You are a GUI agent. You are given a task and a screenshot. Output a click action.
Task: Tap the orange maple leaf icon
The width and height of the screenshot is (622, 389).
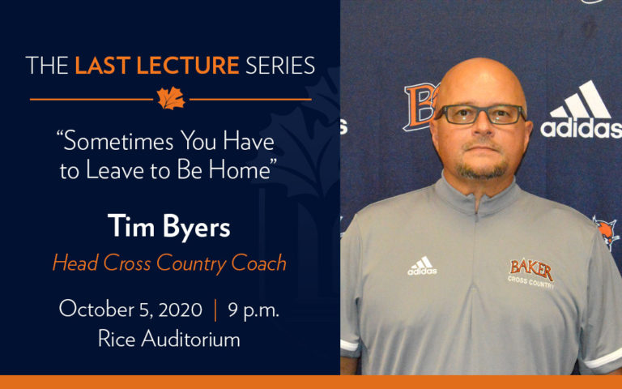[171, 98]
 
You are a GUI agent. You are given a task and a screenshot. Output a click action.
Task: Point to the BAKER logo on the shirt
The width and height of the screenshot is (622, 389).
[530, 271]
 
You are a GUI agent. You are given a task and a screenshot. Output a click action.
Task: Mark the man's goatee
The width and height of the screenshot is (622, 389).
[484, 169]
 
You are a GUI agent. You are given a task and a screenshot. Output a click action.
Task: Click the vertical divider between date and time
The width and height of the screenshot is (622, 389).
[215, 309]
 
